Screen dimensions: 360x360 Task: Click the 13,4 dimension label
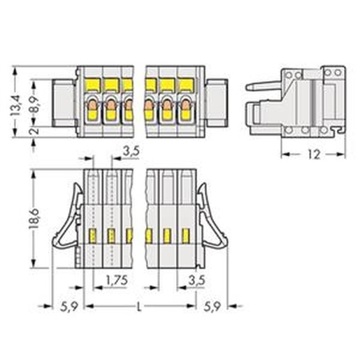[16, 106]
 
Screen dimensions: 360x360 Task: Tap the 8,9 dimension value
[34, 105]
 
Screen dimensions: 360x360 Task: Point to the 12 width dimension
[314, 154]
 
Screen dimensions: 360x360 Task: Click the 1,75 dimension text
[117, 280]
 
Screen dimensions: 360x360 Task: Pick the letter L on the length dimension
[139, 307]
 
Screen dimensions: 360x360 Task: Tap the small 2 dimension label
[34, 131]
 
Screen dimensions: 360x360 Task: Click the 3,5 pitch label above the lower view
[131, 152]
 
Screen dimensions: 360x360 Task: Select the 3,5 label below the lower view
[197, 280]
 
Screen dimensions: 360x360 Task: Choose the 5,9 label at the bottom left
[69, 307]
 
